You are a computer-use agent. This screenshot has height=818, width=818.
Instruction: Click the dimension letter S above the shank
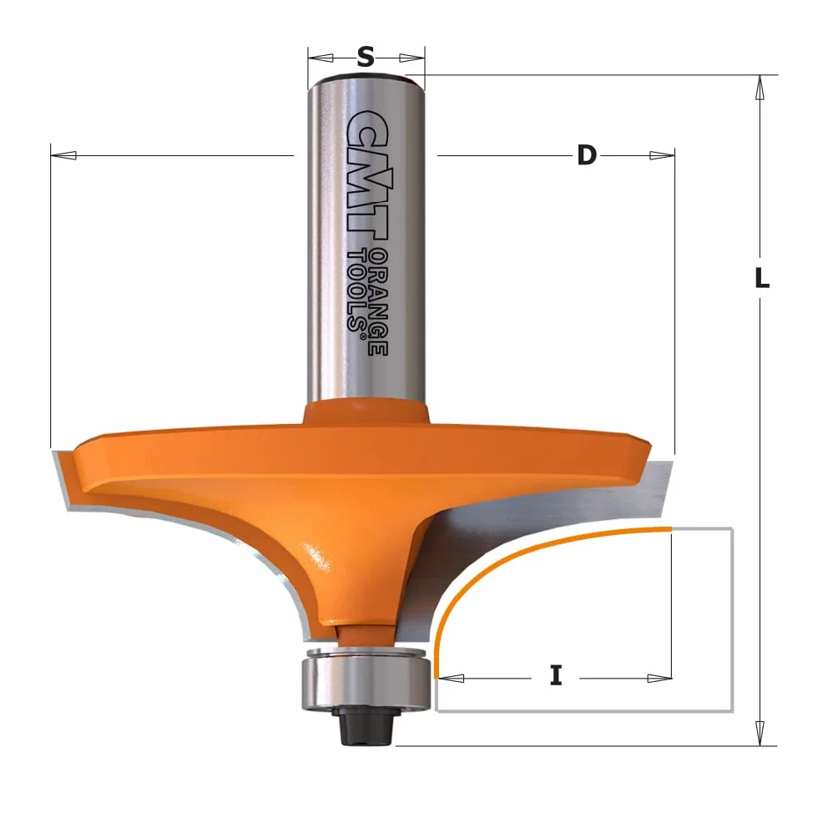pos(366,57)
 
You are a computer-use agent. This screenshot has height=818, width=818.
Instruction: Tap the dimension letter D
pos(586,155)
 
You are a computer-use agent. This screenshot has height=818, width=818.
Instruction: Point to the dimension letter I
pos(556,676)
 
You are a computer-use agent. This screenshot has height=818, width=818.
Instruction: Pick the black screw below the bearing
pos(366,725)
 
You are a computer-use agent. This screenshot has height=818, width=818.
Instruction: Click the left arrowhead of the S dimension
pos(321,57)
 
